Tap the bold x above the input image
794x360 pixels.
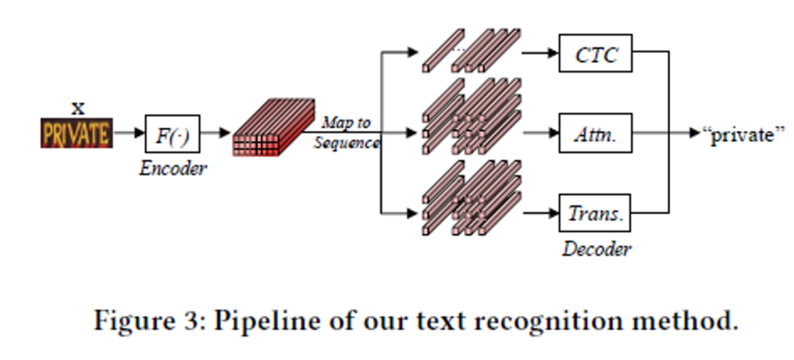coord(78,107)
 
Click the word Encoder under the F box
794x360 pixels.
coord(173,168)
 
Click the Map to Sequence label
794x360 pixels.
coord(347,133)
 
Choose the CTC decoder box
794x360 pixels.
coord(595,55)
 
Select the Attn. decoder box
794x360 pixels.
coord(595,133)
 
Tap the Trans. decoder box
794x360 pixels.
coord(595,213)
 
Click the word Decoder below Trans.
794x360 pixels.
coord(596,249)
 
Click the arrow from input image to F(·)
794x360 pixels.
coord(129,134)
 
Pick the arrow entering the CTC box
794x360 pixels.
coord(541,54)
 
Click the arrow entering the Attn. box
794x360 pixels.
coord(541,133)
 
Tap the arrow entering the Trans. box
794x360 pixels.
coord(541,213)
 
